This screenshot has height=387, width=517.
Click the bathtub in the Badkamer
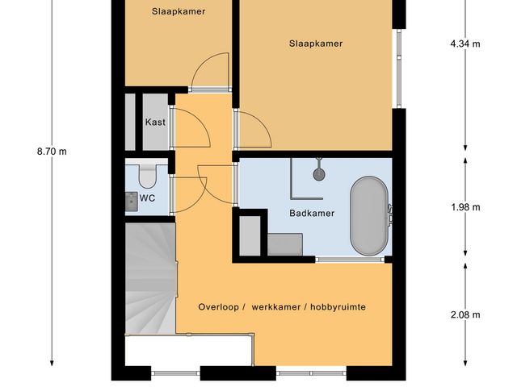(369, 216)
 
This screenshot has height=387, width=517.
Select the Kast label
(155, 123)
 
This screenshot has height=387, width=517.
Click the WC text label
(148, 198)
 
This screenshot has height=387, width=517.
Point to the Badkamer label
(312, 214)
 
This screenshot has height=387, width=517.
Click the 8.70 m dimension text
(52, 151)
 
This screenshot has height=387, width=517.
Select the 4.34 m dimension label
(465, 44)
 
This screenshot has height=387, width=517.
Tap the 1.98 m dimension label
(465, 207)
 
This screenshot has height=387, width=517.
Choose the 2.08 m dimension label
(465, 314)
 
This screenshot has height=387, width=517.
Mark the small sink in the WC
(130, 199)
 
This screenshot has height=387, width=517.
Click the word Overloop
(219, 307)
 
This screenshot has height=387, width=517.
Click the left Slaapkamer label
(179, 12)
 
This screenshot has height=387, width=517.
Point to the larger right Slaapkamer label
(316, 44)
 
